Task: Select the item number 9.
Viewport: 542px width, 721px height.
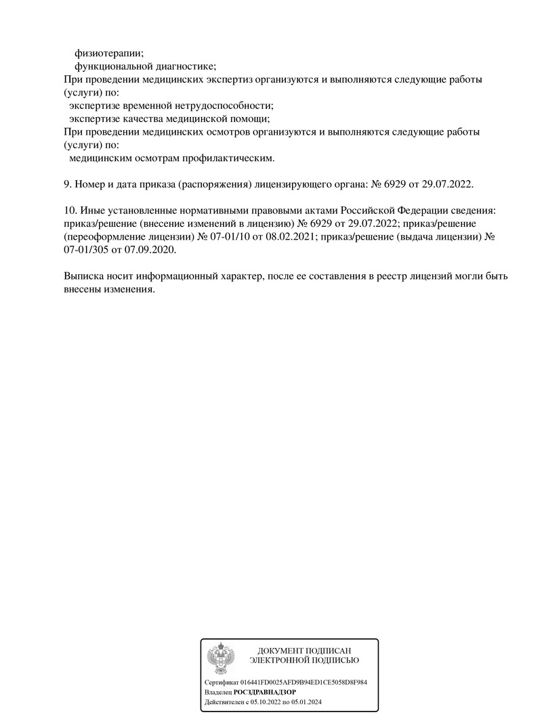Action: click(x=66, y=184)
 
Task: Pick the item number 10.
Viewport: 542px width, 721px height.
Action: click(x=68, y=211)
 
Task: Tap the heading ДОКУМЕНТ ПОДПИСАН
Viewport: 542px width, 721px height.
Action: click(x=304, y=650)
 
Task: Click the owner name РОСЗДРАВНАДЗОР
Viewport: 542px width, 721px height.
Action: click(x=264, y=693)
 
